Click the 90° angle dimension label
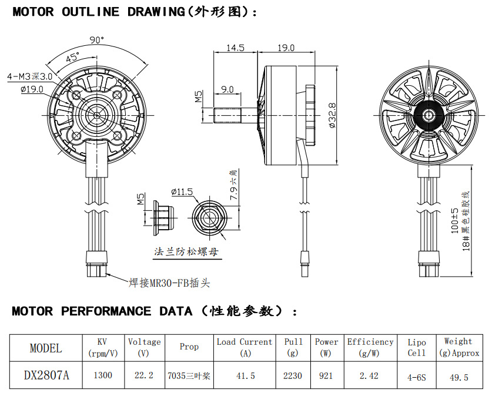pyautogui.click(x=97, y=40)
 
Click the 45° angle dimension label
pyautogui.click(x=73, y=58)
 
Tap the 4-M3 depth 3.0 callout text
pyautogui.click(x=29, y=76)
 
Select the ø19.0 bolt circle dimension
pyautogui.click(x=32, y=89)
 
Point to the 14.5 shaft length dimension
pyautogui.click(x=235, y=48)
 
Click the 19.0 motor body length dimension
pyautogui.click(x=285, y=48)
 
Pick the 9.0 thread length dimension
pyautogui.click(x=227, y=89)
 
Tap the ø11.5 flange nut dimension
pyautogui.click(x=182, y=192)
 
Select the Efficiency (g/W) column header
pyautogui.click(x=370, y=347)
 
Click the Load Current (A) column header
pyautogui.click(x=245, y=347)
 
